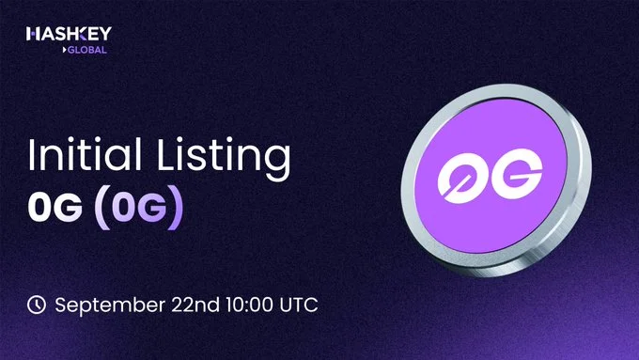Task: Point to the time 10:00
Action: click(x=248, y=305)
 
